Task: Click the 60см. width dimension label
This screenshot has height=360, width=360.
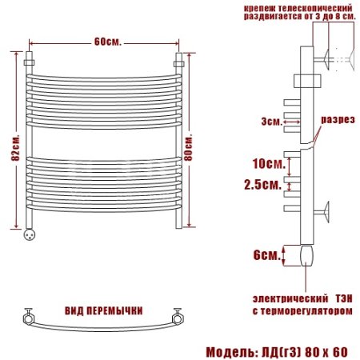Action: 108,42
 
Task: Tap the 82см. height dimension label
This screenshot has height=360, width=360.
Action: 16,148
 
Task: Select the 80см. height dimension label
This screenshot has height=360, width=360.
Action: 188,148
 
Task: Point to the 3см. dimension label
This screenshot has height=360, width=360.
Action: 271,122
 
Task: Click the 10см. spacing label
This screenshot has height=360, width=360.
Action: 269,163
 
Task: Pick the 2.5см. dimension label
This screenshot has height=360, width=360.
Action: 263,184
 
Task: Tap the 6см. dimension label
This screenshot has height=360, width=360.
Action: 267,255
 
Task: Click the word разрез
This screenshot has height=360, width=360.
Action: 338,119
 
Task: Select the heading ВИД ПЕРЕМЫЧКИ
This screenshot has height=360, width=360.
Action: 104,311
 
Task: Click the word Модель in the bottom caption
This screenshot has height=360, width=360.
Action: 230,352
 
